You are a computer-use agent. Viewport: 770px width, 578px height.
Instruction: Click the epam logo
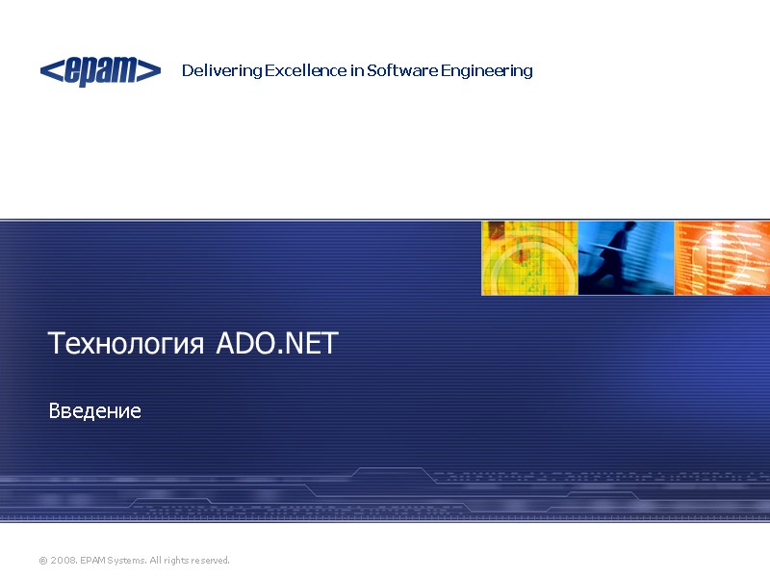pyautogui.click(x=100, y=71)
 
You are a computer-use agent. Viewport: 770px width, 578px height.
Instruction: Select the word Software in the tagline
pyautogui.click(x=402, y=71)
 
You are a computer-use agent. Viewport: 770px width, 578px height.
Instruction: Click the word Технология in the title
pyautogui.click(x=126, y=344)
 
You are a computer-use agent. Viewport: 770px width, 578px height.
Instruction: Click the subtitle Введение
pyautogui.click(x=95, y=411)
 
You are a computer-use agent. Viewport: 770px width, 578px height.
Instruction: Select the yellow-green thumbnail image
pyautogui.click(x=529, y=257)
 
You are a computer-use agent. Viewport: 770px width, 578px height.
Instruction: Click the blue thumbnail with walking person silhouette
pyautogui.click(x=626, y=257)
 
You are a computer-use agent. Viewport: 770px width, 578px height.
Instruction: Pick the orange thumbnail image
pyautogui.click(x=722, y=257)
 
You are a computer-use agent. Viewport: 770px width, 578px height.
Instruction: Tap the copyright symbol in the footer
pyautogui.click(x=42, y=561)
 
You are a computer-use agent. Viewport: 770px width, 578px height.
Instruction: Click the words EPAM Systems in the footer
pyautogui.click(x=109, y=561)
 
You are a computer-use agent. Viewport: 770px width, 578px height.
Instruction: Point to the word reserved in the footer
pyautogui.click(x=212, y=561)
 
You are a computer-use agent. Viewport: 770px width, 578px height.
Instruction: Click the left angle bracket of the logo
pyautogui.click(x=47, y=70)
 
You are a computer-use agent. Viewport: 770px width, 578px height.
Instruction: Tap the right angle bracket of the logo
pyautogui.click(x=152, y=70)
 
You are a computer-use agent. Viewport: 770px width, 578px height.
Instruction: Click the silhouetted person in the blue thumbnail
pyautogui.click(x=616, y=255)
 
